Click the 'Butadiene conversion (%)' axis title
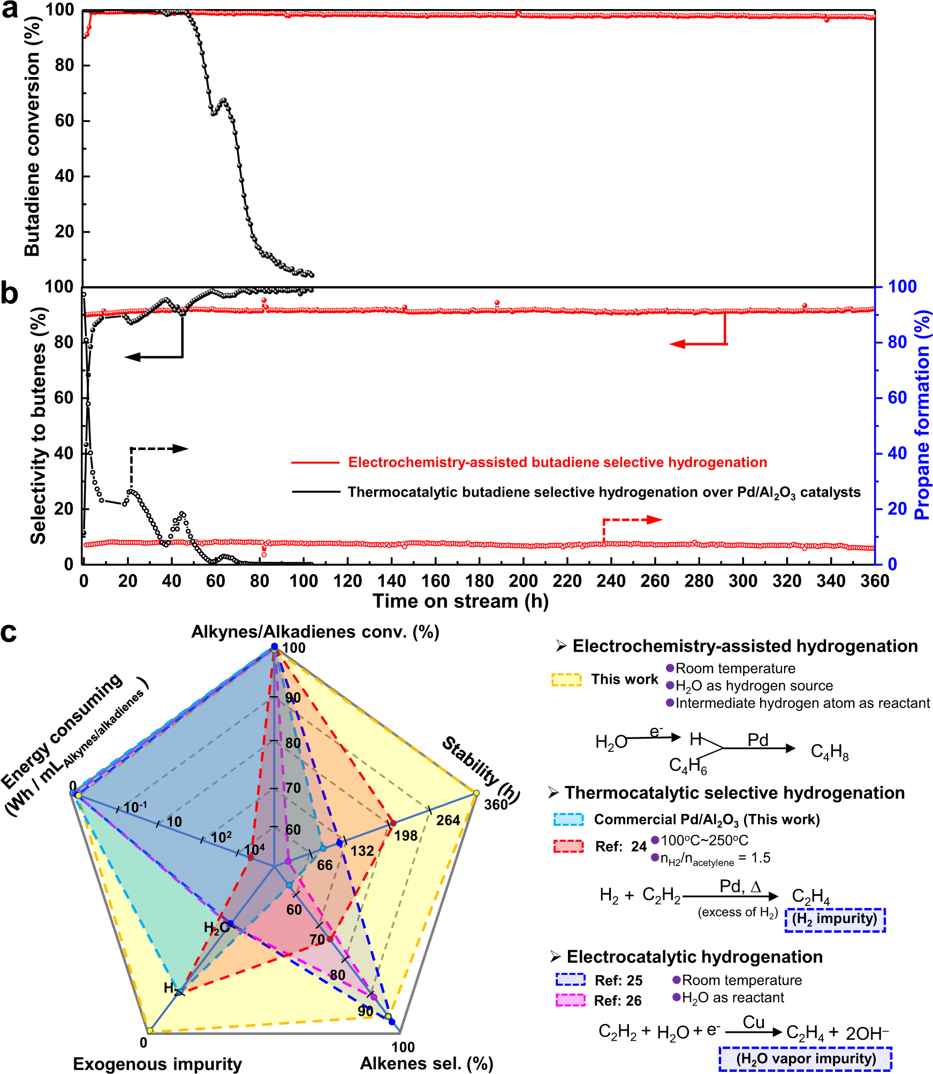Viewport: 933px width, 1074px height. coord(32,136)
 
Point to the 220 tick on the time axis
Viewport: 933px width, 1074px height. coord(567,581)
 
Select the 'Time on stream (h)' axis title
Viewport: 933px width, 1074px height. coord(460,601)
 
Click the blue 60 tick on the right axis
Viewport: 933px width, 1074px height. coord(897,398)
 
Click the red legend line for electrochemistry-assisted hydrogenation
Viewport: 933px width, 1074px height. coord(315,462)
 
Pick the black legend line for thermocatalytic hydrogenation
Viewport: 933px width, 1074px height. coord(315,492)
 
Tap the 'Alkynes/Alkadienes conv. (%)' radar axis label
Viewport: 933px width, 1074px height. coord(315,632)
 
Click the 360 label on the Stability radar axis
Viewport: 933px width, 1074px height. coord(496,804)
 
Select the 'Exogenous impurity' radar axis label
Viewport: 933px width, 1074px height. coord(157,1063)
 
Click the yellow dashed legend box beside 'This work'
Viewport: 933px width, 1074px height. coord(566,680)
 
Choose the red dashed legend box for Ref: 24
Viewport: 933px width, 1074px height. coord(568,846)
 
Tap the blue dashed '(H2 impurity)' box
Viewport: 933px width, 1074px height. coord(835,919)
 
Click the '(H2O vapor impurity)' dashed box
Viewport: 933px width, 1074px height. coord(806,1058)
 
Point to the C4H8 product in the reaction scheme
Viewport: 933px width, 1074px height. coord(829,752)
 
